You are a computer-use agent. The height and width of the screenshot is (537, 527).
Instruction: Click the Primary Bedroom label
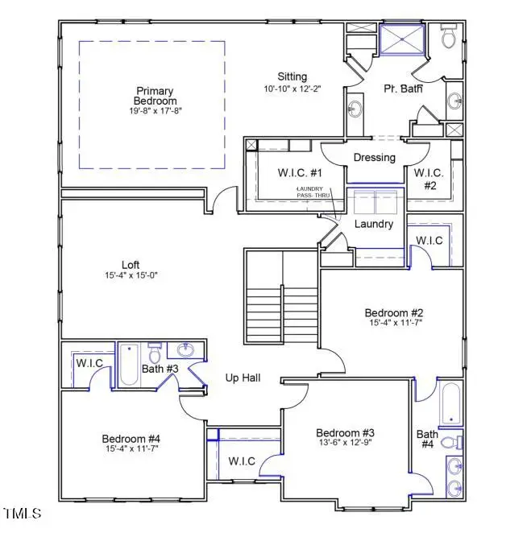(156, 96)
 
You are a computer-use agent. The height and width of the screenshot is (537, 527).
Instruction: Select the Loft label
(131, 264)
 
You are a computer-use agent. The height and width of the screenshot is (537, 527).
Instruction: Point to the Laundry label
(374, 224)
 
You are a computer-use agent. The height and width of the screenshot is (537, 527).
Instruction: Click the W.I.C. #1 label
(277, 172)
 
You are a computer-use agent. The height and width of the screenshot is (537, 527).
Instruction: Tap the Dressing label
(374, 158)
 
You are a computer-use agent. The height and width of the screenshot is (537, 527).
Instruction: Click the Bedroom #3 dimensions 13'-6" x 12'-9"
(344, 442)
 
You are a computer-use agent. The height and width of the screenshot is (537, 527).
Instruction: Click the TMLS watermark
(23, 513)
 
